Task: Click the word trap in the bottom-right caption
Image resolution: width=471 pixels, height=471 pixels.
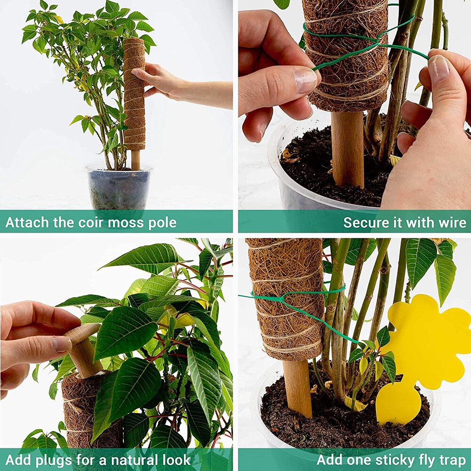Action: tap(450, 460)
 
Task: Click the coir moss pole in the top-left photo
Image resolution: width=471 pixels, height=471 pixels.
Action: tap(134, 94)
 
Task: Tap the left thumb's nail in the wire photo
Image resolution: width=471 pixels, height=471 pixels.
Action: tap(306, 80)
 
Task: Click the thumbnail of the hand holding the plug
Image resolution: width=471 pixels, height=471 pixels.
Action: tap(61, 344)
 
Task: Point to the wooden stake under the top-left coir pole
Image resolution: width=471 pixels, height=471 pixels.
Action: tap(136, 160)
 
